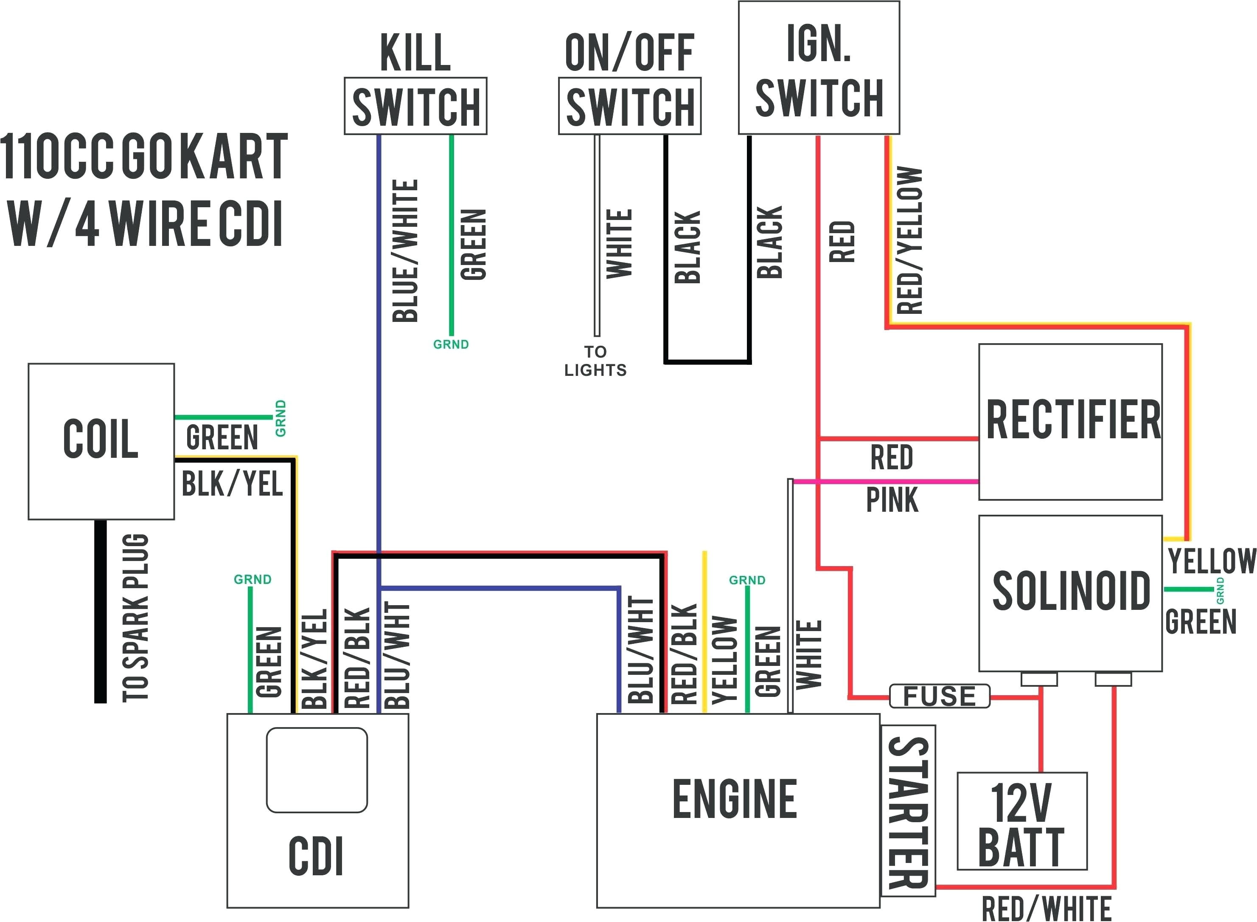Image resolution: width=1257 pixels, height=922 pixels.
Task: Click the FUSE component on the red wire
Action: [939, 696]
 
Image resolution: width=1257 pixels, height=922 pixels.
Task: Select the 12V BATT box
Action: [1021, 821]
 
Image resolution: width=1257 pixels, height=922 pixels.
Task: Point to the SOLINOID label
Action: [1071, 590]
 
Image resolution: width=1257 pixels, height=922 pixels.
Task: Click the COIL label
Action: [101, 439]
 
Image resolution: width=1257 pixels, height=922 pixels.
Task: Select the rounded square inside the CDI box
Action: [317, 770]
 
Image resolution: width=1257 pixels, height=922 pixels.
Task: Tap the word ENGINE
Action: [735, 800]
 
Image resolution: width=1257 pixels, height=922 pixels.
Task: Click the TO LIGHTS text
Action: [595, 361]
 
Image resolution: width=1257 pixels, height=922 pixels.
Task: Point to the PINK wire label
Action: [892, 500]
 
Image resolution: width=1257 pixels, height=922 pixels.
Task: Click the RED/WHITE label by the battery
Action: [1046, 908]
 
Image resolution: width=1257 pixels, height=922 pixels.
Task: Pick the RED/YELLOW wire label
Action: [909, 240]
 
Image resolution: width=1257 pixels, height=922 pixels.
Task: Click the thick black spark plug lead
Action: [101, 611]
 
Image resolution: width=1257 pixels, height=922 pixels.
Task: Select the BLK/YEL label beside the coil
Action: [232, 484]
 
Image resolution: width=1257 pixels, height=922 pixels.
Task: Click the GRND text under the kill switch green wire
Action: [451, 344]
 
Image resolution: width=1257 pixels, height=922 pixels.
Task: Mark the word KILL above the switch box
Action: [415, 53]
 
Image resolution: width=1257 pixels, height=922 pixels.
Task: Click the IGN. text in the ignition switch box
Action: [818, 44]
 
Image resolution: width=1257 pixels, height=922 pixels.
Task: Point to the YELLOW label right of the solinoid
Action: [1211, 561]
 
